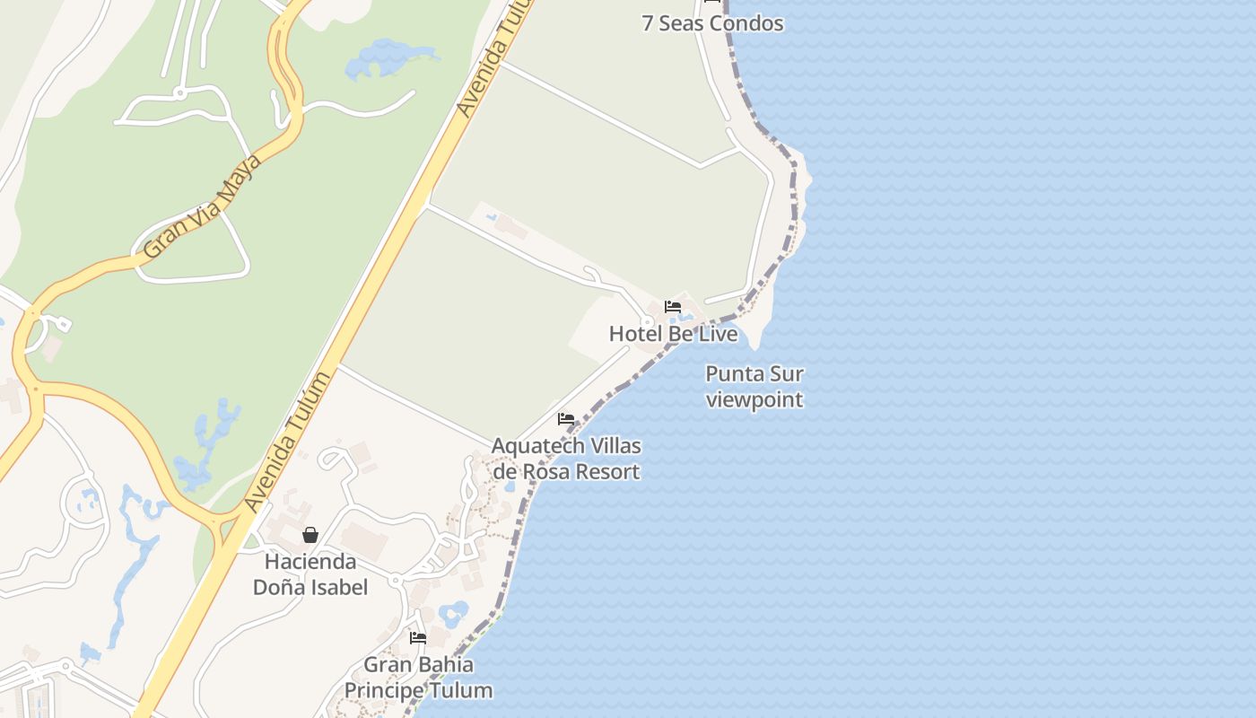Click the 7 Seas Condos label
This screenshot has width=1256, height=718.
pyautogui.click(x=712, y=23)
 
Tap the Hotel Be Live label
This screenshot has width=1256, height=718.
pyautogui.click(x=673, y=334)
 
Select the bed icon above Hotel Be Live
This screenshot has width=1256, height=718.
pyautogui.click(x=673, y=307)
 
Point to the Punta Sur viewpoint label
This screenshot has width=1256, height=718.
pyautogui.click(x=754, y=386)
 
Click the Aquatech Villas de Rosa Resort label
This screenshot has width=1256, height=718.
pyautogui.click(x=566, y=459)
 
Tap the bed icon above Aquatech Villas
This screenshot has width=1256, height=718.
pyautogui.click(x=566, y=419)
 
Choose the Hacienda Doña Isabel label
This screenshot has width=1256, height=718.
pyautogui.click(x=310, y=574)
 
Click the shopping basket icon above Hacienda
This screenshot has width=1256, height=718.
pyautogui.click(x=310, y=535)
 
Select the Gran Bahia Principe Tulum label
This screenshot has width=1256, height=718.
pyautogui.click(x=419, y=678)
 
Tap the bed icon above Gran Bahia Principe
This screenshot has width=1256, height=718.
pyautogui.click(x=418, y=638)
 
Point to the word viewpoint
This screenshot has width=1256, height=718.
pyautogui.click(x=754, y=399)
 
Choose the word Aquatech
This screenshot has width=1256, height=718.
pyautogui.click(x=535, y=446)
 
